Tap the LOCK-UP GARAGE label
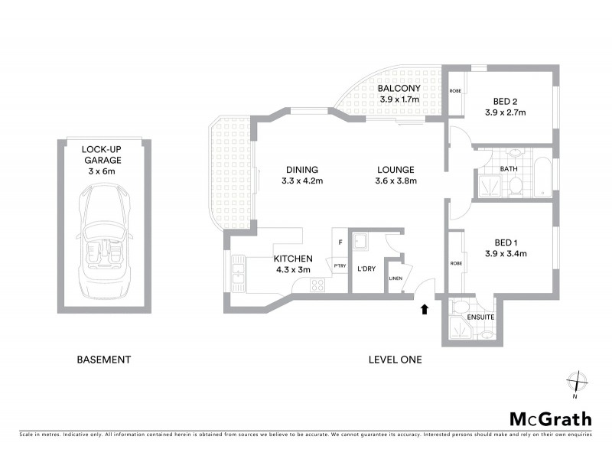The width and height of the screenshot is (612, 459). [102, 155]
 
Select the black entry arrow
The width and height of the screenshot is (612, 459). [425, 309]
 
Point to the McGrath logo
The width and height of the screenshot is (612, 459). [550, 418]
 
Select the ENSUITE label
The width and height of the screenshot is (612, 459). [482, 317]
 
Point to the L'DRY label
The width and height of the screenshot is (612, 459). [365, 269]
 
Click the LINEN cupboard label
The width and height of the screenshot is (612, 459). [396, 278]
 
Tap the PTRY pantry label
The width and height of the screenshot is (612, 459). [339, 265]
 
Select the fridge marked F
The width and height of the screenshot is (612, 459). [340, 243]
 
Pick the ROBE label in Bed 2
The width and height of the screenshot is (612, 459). [454, 90]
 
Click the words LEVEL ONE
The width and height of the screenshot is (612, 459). [395, 360]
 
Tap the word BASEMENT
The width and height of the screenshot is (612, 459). [104, 360]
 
